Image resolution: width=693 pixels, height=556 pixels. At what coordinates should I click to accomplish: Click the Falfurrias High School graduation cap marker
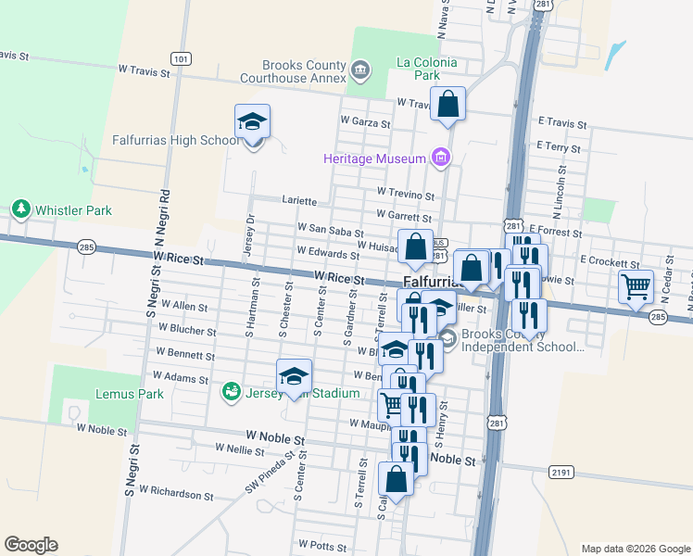tap(252, 122)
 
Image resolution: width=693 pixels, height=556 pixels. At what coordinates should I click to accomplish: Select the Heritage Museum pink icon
tap(441, 158)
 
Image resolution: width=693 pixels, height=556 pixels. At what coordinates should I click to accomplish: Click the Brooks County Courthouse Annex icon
tap(361, 67)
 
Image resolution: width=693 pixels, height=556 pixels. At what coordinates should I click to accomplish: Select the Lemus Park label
tap(130, 394)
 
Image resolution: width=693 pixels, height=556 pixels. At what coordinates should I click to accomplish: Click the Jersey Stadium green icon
tap(230, 393)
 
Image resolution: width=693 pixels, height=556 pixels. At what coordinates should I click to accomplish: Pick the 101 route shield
tap(182, 58)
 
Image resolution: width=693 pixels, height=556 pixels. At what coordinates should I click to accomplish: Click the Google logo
tap(31, 545)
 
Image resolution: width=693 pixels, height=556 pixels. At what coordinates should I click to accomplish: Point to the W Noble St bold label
tap(275, 436)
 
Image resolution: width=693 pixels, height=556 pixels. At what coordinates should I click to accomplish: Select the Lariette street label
tap(298, 201)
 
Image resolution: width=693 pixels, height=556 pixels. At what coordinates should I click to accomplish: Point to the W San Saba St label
tap(328, 227)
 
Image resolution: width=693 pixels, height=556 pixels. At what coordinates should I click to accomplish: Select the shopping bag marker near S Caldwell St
tap(396, 481)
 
